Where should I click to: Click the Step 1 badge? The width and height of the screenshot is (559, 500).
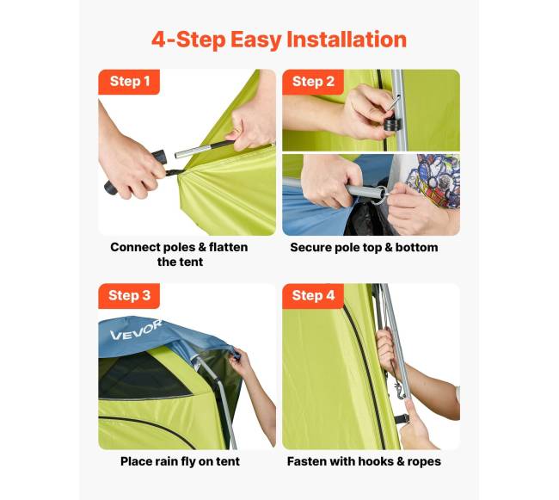[x=129, y=82]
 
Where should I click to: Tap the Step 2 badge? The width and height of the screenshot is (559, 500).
[x=313, y=82]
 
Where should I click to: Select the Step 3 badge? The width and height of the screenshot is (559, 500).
[x=129, y=296]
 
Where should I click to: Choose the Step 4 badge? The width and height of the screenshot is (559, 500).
[x=313, y=296]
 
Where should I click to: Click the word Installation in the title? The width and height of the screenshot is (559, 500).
[x=347, y=40]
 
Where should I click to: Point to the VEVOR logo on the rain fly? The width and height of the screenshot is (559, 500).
[x=136, y=330]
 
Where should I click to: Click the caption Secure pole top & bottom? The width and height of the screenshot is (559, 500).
[x=364, y=248]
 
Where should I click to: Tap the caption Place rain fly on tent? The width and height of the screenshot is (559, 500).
[x=180, y=461]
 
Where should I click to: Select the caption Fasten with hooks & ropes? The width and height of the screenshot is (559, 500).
[x=364, y=461]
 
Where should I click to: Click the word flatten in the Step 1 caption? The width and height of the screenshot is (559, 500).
[x=228, y=247]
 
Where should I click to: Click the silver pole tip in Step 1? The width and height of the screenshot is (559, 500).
[x=193, y=151]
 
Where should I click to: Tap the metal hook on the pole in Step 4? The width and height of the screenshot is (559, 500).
[x=401, y=391]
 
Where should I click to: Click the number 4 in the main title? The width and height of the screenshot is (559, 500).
[x=159, y=40]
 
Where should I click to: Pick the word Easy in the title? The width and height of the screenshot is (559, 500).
[x=255, y=40]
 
